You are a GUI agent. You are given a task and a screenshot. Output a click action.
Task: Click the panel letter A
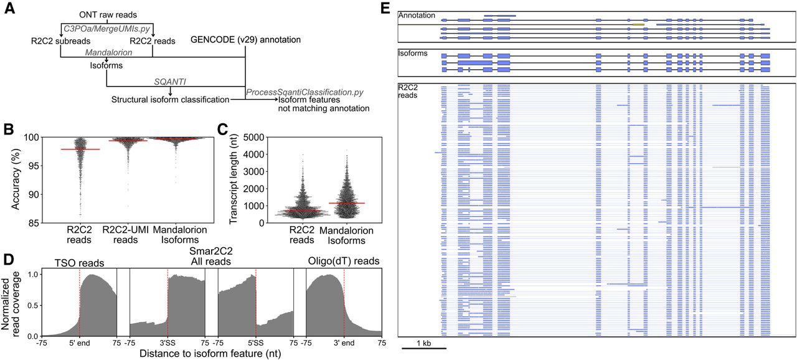[x=9, y=8]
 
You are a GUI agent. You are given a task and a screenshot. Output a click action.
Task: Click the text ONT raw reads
[x=108, y=15]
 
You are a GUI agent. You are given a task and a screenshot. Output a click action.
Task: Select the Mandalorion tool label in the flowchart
[x=108, y=53]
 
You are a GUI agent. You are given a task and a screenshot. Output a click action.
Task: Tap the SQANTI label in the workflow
[x=170, y=82]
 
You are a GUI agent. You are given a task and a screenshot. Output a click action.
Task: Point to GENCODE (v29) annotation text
[x=245, y=39]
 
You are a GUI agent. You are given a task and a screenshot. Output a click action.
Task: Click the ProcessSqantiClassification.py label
[x=304, y=92]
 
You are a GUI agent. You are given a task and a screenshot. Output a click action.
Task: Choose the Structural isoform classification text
[x=170, y=100]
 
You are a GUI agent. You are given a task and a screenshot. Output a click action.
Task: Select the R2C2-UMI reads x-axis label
[x=125, y=235]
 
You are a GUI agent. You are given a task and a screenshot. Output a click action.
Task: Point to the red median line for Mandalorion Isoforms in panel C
[x=347, y=203]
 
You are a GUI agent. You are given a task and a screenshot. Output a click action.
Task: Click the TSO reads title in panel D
[x=79, y=263]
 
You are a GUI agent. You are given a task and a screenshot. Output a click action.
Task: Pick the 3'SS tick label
[x=167, y=343]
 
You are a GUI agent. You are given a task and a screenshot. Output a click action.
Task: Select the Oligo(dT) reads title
[x=344, y=261]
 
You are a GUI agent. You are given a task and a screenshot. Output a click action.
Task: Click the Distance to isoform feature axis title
[x=210, y=354]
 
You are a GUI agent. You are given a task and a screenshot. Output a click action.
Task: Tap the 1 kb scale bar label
[x=424, y=343]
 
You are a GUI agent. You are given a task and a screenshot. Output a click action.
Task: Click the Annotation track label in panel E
[x=417, y=16]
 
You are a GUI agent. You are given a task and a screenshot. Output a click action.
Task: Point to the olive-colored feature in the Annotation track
[x=639, y=24]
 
